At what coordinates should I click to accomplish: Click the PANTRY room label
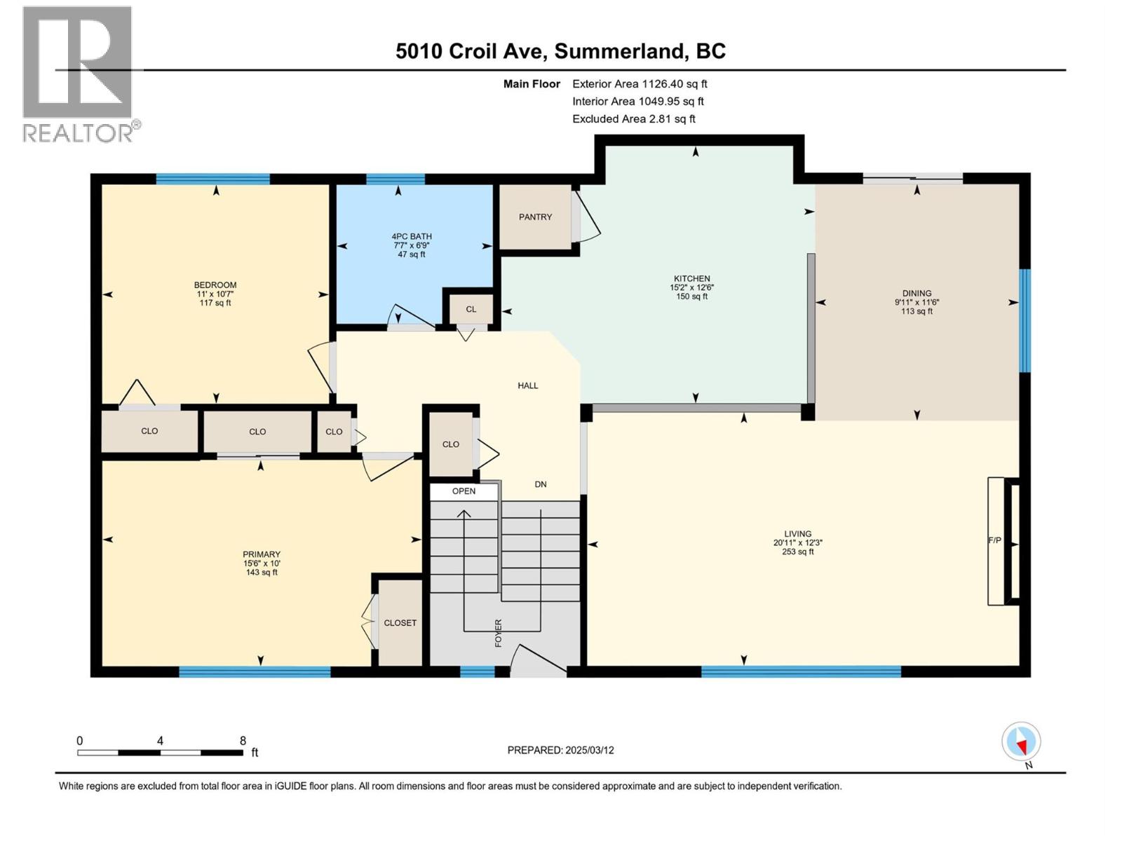point(535,217)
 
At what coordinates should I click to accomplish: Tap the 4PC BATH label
point(412,237)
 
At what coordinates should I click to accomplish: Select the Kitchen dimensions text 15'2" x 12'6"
point(691,287)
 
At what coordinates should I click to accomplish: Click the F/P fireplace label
point(994,540)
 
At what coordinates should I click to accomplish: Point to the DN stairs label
point(540,484)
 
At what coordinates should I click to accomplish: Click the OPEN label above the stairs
point(464,491)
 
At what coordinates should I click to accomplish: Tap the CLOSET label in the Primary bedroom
point(400,623)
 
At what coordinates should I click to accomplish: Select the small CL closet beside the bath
point(471,309)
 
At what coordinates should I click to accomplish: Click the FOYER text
point(499,632)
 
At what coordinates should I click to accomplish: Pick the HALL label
point(527,385)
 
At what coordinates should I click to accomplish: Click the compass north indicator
point(1021,741)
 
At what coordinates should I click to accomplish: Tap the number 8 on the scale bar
point(243,741)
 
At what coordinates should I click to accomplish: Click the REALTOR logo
point(79,74)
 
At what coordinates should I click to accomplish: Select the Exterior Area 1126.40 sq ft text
point(640,84)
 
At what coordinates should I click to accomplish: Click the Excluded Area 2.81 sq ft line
point(633,119)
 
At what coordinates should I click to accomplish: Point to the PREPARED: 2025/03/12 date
point(560,750)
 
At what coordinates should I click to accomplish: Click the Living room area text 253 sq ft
point(797,552)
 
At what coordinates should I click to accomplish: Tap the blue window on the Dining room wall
point(1025,320)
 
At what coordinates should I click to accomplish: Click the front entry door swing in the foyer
point(536,662)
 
